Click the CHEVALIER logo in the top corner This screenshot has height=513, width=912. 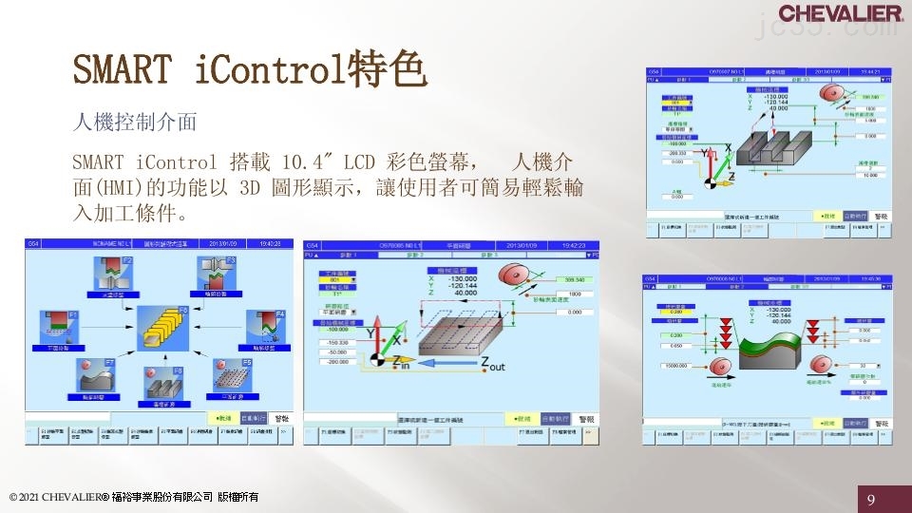840,13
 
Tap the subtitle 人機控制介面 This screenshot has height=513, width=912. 134,122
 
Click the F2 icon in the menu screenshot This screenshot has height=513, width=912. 115,272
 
